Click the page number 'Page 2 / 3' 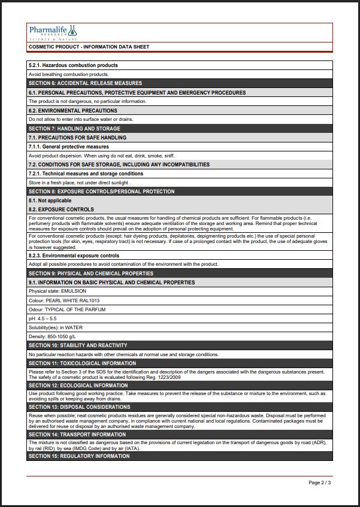(319, 482)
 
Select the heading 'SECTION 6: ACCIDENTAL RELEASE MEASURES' (85, 83)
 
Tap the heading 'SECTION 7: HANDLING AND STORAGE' (74, 129)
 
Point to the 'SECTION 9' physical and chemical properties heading (90, 274)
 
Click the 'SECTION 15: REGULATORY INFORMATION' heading (78, 456)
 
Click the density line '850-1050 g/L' (52, 336)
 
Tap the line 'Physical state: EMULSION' (58, 292)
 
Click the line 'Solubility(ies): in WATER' (56, 327)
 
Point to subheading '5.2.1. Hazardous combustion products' (73, 65)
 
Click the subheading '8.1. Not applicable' (50, 201)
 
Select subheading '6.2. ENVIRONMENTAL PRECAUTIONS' (73, 111)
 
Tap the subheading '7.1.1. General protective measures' (69, 147)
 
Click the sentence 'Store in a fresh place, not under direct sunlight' (79, 183)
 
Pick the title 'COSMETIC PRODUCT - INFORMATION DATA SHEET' (89, 47)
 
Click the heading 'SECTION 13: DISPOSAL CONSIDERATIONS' (79, 407)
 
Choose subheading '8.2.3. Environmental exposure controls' (74, 256)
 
